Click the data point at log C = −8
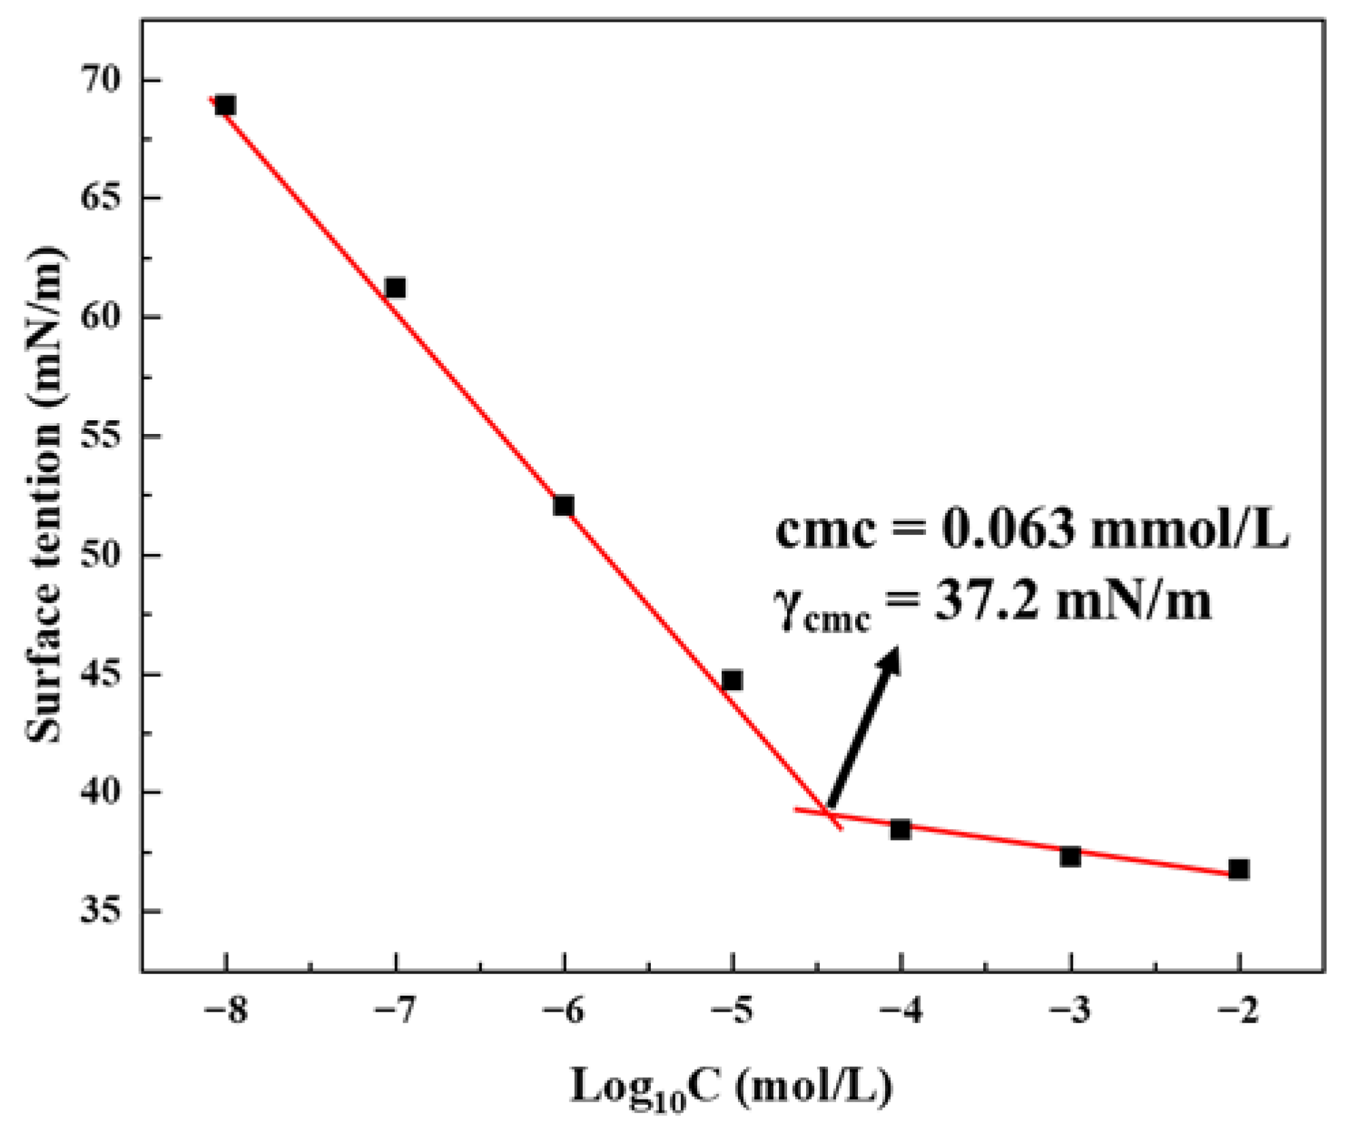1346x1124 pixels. (225, 106)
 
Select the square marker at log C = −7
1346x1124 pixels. (395, 288)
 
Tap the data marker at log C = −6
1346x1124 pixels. (564, 505)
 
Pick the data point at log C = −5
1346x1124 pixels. (732, 680)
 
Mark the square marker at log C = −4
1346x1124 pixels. (900, 830)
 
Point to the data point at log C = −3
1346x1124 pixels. (1070, 857)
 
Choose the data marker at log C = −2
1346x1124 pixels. (1238, 870)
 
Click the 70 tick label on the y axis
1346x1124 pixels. (102, 80)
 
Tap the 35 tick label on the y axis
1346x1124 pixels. (102, 911)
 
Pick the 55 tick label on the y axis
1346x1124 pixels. (102, 437)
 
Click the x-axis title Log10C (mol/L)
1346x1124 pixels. (731, 1085)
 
